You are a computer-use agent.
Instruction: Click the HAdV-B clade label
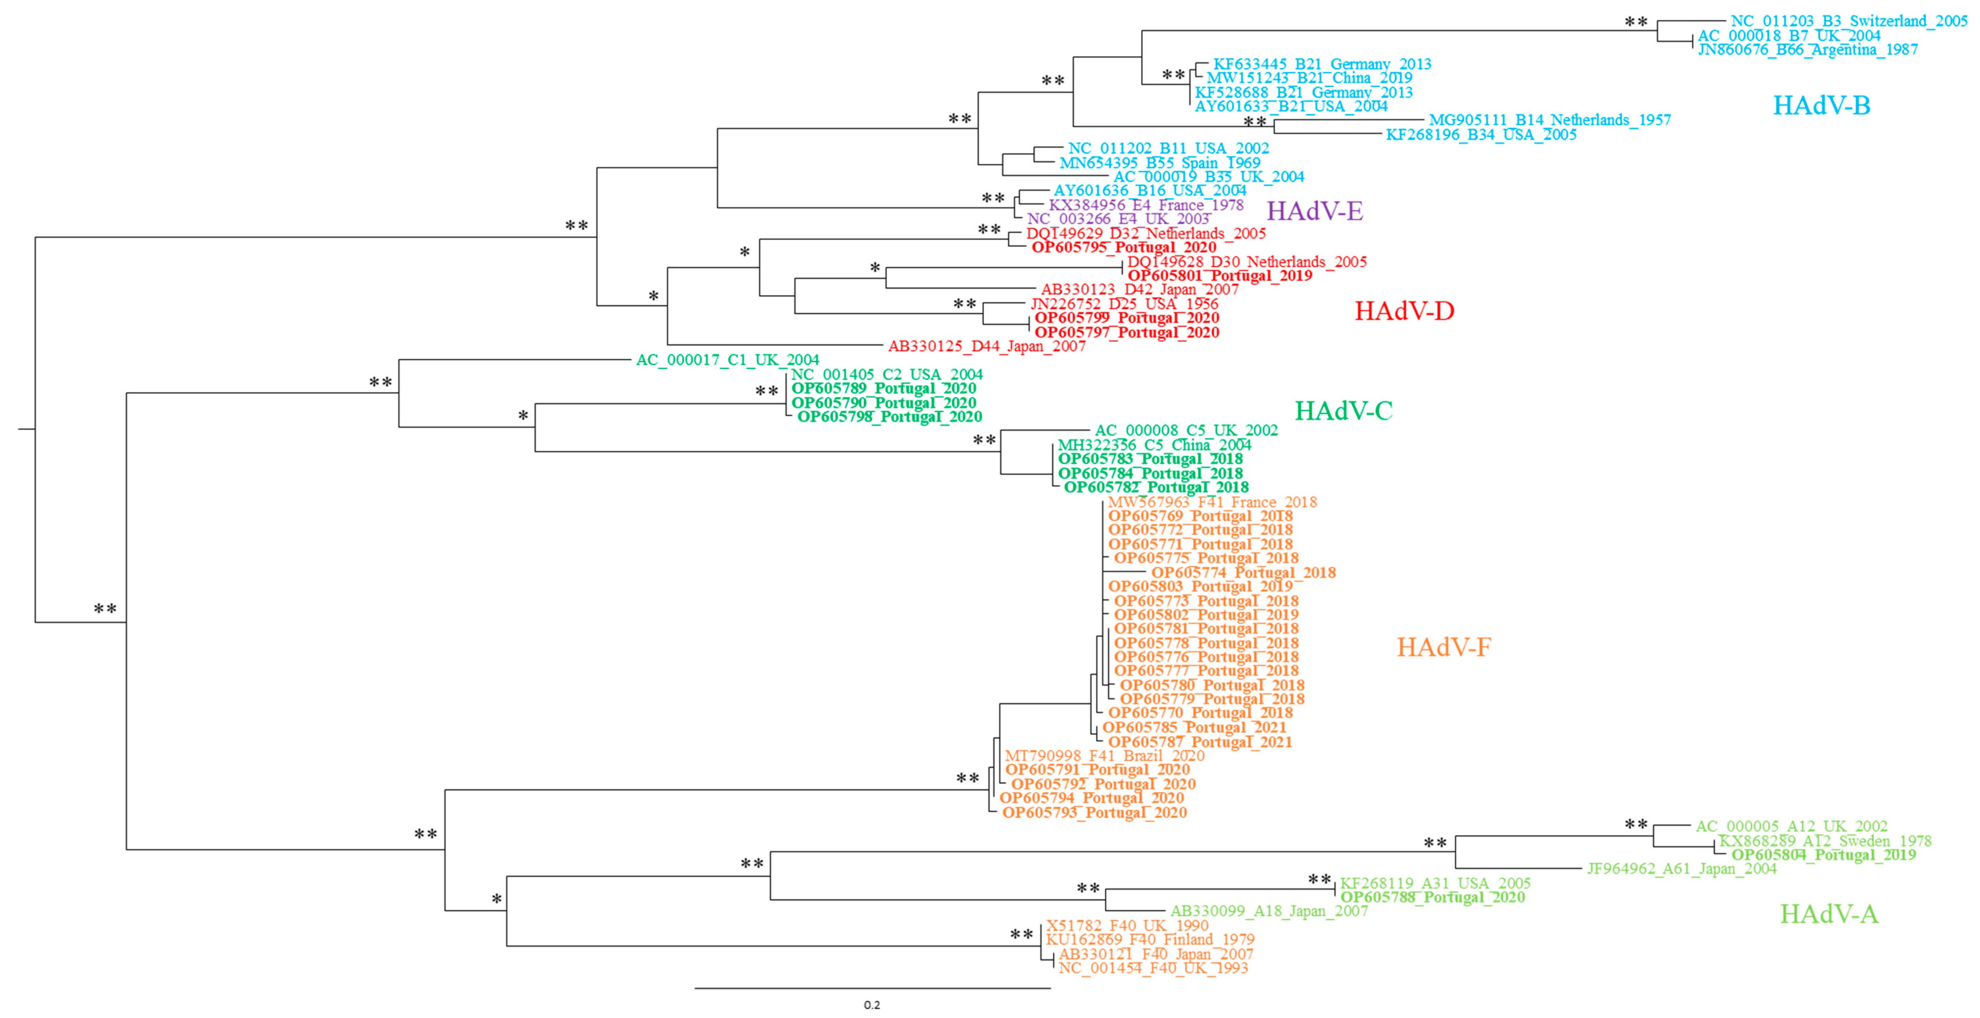pyautogui.click(x=1821, y=105)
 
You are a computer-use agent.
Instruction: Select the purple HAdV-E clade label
pyautogui.click(x=1315, y=211)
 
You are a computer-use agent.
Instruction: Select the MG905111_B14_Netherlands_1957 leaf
pyautogui.click(x=1550, y=120)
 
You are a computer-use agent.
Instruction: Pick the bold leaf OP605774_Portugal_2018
pyautogui.click(x=1243, y=572)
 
